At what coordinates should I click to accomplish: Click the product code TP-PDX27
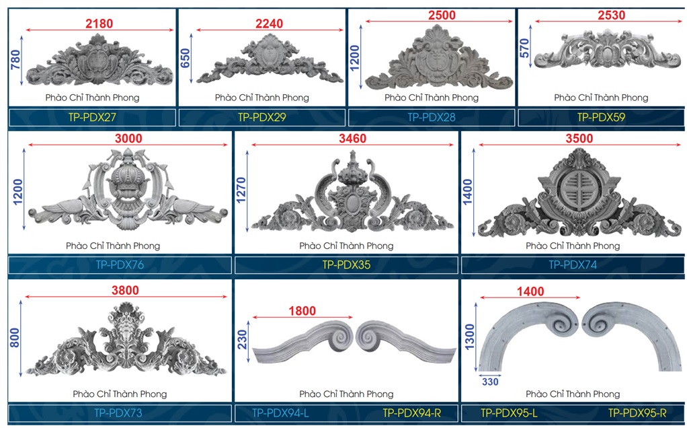click(92, 117)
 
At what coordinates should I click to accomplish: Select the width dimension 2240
click(269, 24)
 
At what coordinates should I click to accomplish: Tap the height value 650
click(186, 59)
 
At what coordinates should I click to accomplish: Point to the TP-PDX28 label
click(432, 117)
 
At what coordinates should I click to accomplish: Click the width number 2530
click(611, 15)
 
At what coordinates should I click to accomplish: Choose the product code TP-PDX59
click(601, 117)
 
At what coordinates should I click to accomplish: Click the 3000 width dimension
click(128, 139)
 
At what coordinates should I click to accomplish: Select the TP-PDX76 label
click(120, 265)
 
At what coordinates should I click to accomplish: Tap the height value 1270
click(241, 190)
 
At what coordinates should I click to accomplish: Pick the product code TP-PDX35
click(346, 265)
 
